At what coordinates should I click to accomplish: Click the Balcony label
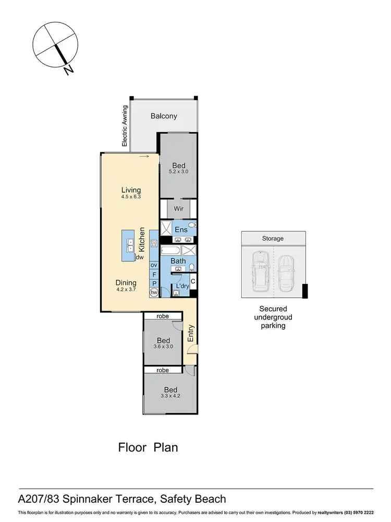(x=164, y=116)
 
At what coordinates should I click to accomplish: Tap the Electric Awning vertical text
(x=125, y=126)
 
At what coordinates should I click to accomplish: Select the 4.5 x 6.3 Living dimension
(x=131, y=197)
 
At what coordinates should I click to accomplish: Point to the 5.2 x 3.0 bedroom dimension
(x=178, y=172)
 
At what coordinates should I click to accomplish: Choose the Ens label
(x=181, y=229)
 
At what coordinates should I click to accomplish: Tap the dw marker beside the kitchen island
(x=140, y=257)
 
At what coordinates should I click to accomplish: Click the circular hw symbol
(x=154, y=293)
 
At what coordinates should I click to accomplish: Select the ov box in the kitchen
(x=154, y=266)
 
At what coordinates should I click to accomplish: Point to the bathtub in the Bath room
(x=170, y=250)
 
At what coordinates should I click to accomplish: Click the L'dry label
(x=182, y=287)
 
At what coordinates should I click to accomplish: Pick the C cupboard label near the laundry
(x=192, y=281)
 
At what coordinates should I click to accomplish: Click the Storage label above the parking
(x=273, y=239)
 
